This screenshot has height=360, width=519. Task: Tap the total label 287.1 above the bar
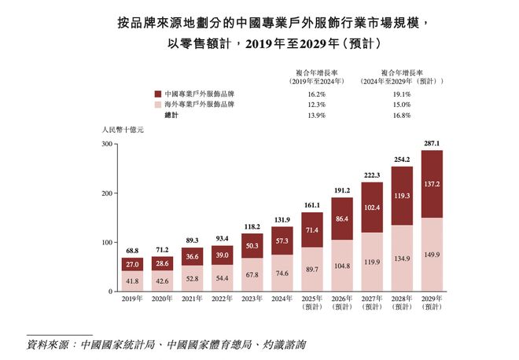(432, 144)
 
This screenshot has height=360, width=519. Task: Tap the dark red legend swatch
(158, 94)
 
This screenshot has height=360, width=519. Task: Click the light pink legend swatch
(158, 105)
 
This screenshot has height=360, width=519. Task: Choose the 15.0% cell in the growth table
(401, 105)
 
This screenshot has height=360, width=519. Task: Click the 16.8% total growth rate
(401, 116)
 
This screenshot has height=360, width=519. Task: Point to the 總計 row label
(172, 116)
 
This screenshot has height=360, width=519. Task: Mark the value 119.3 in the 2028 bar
(402, 195)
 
